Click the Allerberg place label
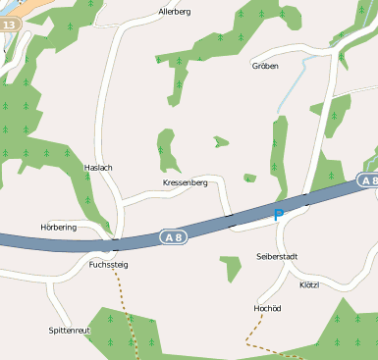174,12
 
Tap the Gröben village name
265,67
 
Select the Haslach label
98,168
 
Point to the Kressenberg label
185,183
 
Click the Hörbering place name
58,227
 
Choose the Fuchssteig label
108,265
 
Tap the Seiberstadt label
276,256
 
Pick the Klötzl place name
309,284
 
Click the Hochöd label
267,308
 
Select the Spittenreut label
69,331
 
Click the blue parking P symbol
278,215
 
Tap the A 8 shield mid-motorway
173,235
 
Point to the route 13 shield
9,22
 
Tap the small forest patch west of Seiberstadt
230,267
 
